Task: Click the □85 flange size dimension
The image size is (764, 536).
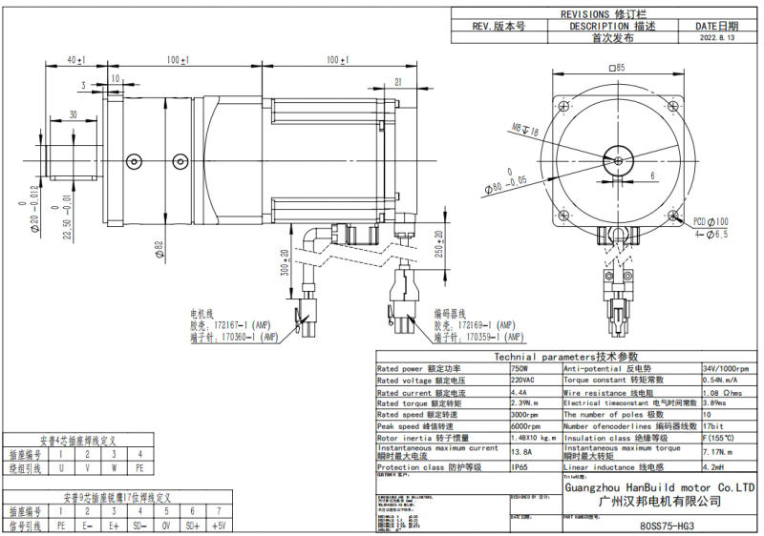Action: click(x=615, y=68)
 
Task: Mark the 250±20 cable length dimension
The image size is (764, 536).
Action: click(x=438, y=247)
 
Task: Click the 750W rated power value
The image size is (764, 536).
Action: click(x=520, y=368)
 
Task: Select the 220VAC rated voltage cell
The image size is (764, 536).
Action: click(x=524, y=379)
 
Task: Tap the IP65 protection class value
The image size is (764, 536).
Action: click(x=520, y=467)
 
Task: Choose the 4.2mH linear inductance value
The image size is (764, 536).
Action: click(x=714, y=467)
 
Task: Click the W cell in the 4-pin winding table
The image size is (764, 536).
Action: click(x=113, y=469)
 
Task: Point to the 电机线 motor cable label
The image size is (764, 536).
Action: click(x=203, y=312)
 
